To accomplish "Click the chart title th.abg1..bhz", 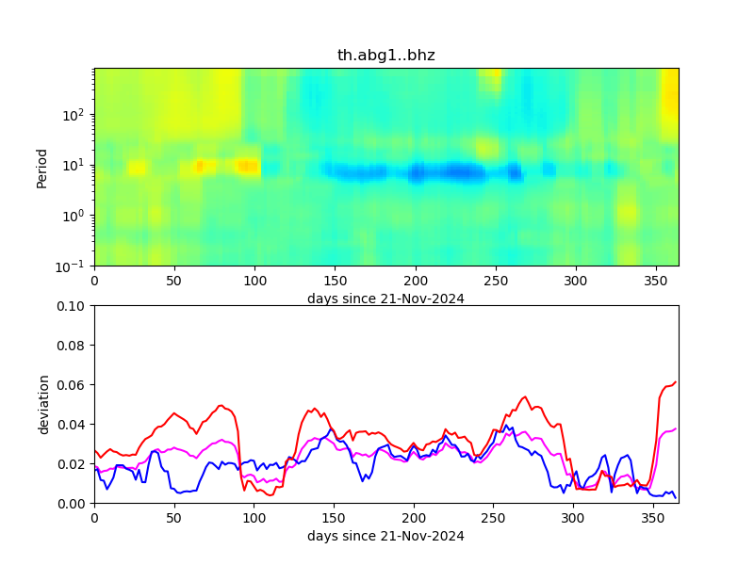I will tap(385, 56).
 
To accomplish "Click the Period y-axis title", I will tap(41, 167).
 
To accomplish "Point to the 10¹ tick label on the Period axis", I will tap(75, 165).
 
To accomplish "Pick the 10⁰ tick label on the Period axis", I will tap(75, 216).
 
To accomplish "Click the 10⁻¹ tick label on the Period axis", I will tap(74, 266).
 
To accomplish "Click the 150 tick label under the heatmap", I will tap(335, 281).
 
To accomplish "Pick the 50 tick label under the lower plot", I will tap(174, 518).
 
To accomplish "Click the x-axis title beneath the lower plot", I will tap(385, 537).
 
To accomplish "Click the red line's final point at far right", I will tap(676, 381).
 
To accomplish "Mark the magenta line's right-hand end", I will tap(676, 428).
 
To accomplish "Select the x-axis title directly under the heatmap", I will tap(385, 299).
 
